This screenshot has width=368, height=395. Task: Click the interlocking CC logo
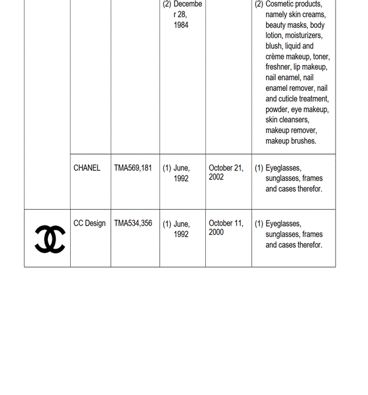point(50,239)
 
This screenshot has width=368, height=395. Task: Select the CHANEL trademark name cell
point(87,168)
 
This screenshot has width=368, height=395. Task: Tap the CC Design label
point(90,223)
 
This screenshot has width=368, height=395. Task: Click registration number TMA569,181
point(133,168)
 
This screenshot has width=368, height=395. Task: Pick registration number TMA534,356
point(133,223)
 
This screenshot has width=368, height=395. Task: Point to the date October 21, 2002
point(226,172)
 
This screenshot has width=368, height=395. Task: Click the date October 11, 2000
point(226,228)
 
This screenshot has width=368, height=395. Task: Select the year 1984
point(181,25)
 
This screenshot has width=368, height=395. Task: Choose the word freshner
point(278,67)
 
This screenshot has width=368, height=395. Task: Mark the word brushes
point(303,141)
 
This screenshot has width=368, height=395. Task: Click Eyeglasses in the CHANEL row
point(283,168)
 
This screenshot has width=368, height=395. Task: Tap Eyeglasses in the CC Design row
point(283,224)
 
